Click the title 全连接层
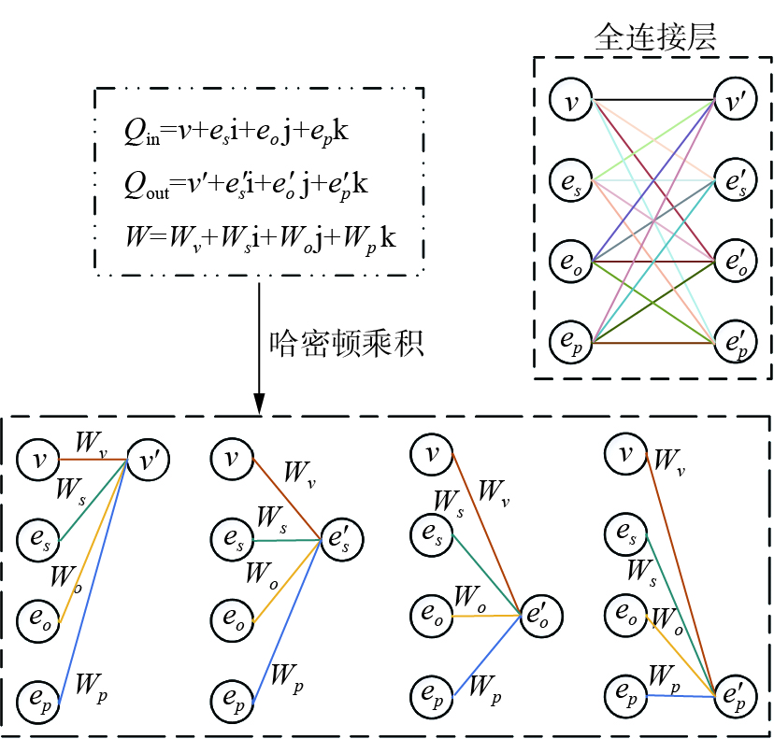(x=655, y=36)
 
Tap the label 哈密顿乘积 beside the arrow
(x=348, y=345)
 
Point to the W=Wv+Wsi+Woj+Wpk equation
(x=260, y=238)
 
